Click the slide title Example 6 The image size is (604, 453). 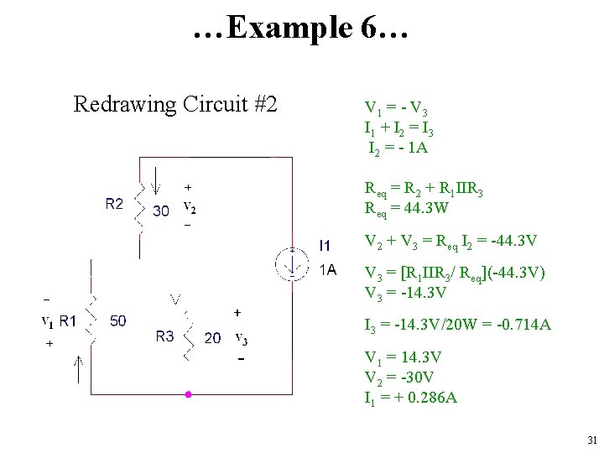[x=300, y=28]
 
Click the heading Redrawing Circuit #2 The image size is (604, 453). [x=175, y=105]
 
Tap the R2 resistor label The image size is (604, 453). [x=114, y=204]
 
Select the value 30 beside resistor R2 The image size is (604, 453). [x=161, y=211]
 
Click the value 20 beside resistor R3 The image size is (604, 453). [x=213, y=338]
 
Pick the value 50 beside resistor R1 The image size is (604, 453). [x=118, y=320]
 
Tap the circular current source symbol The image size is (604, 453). [x=292, y=264]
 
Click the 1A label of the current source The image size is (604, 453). [x=327, y=270]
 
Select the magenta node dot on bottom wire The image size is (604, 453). [x=189, y=393]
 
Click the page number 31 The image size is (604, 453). [x=592, y=440]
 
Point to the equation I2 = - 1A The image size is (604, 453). [x=398, y=148]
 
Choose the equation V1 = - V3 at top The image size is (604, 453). [x=396, y=109]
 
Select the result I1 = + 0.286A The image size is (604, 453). [x=410, y=398]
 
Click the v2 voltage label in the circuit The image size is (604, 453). [x=190, y=209]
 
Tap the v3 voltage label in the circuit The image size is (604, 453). [x=241, y=338]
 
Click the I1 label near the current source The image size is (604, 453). [x=326, y=246]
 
